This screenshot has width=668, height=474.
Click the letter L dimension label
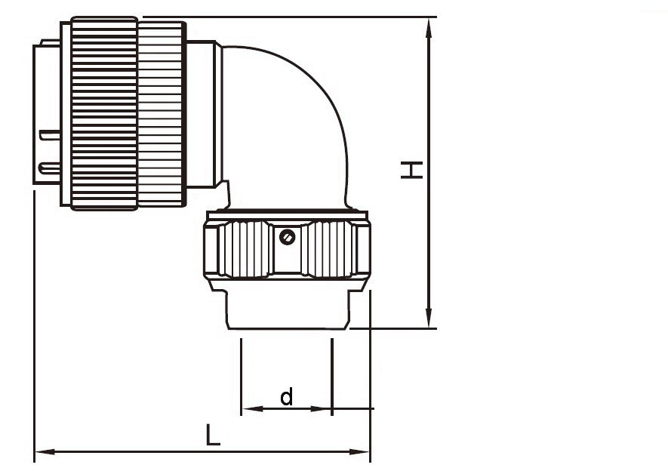[214, 435]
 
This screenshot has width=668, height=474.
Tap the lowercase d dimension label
[287, 397]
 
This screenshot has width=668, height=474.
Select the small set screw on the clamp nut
[286, 238]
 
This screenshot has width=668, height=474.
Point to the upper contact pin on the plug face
[50, 136]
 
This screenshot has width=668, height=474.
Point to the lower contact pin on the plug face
[50, 166]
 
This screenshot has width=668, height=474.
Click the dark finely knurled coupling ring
[104, 113]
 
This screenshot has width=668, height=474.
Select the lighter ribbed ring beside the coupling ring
[161, 113]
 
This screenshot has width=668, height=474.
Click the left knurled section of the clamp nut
[243, 249]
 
